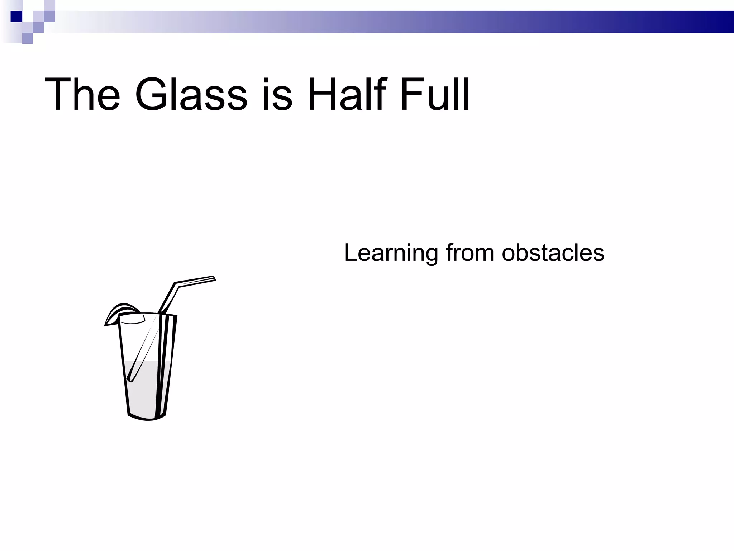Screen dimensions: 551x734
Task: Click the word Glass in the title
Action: [191, 95]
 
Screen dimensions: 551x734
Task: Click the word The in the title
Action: [82, 95]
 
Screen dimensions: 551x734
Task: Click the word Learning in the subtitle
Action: [391, 253]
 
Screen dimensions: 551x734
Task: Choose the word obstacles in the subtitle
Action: [553, 253]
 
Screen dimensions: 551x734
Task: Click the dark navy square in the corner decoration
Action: [16, 17]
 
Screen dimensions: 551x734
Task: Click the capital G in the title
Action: [151, 95]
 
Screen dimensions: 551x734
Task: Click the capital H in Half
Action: [321, 95]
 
